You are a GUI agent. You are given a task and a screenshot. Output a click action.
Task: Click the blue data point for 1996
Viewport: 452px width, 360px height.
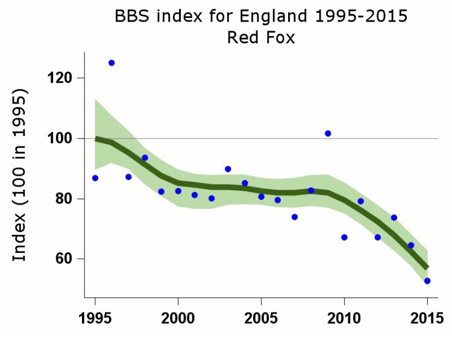(111, 63)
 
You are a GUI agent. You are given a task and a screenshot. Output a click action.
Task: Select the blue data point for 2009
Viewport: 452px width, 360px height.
(328, 133)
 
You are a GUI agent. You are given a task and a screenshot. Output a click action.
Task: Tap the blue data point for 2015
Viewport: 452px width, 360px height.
(427, 281)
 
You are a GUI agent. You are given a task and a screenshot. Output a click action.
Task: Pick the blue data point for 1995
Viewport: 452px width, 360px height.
(95, 178)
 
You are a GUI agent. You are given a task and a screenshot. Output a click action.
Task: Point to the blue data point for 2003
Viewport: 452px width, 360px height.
(228, 169)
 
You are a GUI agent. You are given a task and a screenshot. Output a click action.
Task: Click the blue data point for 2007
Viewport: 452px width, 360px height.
(295, 217)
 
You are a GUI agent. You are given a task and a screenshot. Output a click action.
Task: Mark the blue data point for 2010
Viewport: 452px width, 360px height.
(344, 237)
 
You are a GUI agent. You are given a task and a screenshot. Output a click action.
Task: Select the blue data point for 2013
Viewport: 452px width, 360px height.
(394, 217)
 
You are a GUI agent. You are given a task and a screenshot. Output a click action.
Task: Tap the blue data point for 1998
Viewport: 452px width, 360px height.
(145, 158)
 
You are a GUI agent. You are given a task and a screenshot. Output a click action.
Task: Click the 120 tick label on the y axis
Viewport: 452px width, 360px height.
(61, 78)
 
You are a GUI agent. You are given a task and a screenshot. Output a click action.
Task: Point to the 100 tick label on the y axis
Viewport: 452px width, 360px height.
(61, 138)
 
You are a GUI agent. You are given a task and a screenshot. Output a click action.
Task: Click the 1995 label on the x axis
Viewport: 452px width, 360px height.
(95, 317)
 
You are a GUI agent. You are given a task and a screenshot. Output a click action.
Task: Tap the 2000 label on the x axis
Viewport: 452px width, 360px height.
(178, 317)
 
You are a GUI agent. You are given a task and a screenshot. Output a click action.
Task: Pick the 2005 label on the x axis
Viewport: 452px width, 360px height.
(262, 317)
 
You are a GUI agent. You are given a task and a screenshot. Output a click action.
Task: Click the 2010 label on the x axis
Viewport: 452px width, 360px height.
(344, 317)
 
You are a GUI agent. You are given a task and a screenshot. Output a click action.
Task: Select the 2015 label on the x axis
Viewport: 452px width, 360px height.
(427, 317)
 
